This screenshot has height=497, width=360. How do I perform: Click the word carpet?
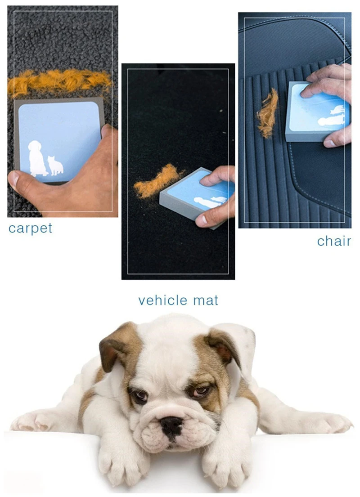click(30, 228)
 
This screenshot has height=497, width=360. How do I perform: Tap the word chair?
click(333, 242)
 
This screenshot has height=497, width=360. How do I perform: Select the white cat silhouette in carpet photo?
click(55, 166)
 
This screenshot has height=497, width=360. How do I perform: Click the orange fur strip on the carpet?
click(58, 82)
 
